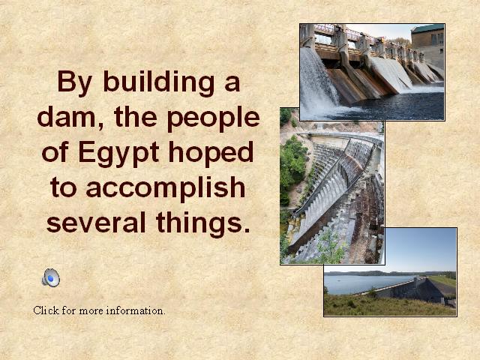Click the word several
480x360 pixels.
[x=96, y=222]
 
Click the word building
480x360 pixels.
[x=159, y=83]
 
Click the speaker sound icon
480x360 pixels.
[x=51, y=277]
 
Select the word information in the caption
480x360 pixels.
[x=136, y=310]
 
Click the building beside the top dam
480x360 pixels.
[x=428, y=46]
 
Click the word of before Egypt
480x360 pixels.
[x=55, y=152]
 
